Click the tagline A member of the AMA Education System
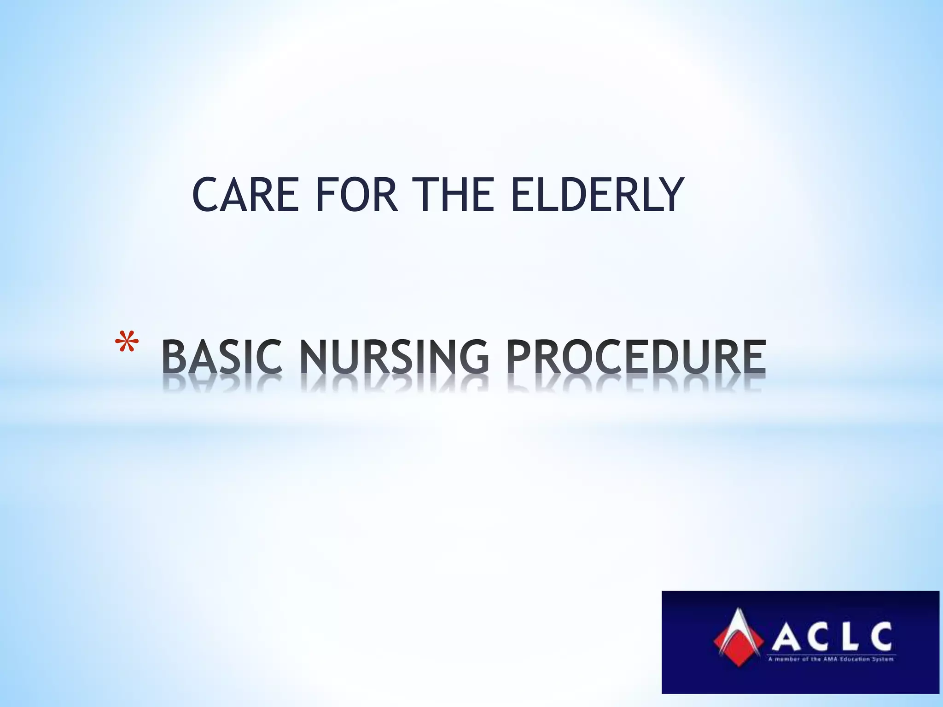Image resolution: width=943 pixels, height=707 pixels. [831, 659]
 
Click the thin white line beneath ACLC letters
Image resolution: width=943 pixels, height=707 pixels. [831, 654]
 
